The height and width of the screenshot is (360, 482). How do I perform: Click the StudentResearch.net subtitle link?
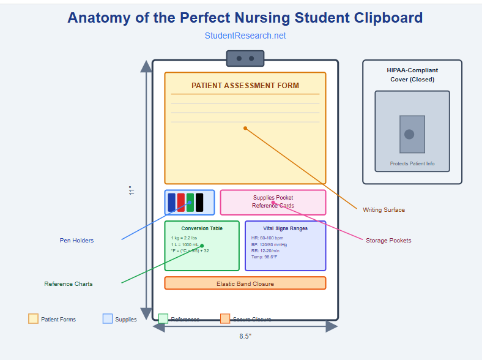[245, 36]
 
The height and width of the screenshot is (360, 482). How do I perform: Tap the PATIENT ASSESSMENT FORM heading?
[245, 86]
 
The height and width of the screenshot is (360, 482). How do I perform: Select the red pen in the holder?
[181, 202]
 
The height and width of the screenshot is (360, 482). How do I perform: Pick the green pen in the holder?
[190, 202]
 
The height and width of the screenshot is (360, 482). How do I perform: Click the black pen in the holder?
[199, 202]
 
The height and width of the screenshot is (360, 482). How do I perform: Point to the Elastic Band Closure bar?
[245, 283]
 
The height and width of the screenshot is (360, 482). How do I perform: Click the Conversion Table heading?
[202, 228]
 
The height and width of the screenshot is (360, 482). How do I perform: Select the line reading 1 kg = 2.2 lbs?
[184, 238]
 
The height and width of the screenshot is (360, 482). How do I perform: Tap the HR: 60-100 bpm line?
[267, 238]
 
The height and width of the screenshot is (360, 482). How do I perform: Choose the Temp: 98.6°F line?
[264, 257]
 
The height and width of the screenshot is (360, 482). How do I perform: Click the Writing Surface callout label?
[384, 210]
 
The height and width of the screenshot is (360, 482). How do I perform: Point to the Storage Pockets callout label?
[388, 241]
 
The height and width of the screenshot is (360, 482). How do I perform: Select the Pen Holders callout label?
[76, 241]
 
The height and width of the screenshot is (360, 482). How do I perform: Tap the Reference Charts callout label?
[69, 284]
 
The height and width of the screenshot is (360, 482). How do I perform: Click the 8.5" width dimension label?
[245, 336]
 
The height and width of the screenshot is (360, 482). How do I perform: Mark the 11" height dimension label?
[131, 190]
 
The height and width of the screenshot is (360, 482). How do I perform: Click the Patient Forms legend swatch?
[33, 319]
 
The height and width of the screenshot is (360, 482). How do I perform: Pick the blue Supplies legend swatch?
[108, 319]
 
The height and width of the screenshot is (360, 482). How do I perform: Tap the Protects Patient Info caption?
[412, 164]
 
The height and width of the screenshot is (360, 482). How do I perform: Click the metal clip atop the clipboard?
[245, 58]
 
